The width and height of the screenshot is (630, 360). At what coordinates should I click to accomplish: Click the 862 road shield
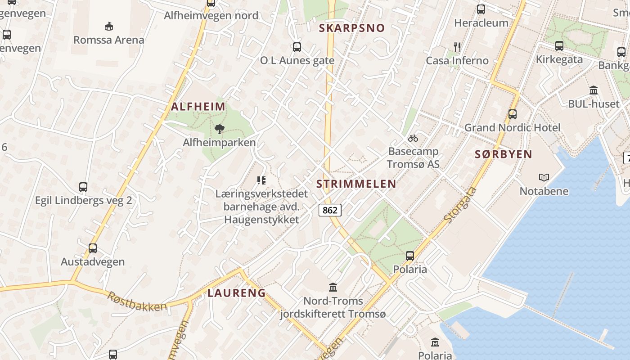coord(330,210)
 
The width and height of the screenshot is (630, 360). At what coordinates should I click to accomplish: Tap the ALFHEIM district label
coord(198,107)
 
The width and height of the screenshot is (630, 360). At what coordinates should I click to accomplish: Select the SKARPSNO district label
coord(352,28)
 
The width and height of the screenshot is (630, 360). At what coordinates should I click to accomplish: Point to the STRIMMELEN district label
coord(356,184)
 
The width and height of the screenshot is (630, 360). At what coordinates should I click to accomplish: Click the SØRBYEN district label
coord(504,154)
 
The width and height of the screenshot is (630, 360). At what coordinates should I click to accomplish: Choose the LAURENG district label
coord(236,293)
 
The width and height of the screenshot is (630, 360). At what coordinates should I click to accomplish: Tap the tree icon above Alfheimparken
coord(220,130)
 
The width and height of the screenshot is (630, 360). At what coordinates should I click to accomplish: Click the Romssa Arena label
coord(109,40)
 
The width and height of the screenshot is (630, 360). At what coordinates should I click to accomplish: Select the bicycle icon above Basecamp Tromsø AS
coord(413,138)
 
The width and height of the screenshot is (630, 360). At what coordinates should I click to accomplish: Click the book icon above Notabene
coord(544,178)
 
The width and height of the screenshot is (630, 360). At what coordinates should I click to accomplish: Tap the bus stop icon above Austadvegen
coord(93,248)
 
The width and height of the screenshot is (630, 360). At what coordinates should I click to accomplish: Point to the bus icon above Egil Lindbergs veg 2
coord(83,187)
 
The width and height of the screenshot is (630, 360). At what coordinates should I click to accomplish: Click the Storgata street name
coord(460,205)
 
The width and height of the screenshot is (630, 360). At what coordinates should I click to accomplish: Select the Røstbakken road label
coord(137,301)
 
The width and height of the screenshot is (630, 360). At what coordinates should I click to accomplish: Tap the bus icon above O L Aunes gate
coord(297,47)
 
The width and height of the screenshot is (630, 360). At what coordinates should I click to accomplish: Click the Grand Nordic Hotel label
coord(512,127)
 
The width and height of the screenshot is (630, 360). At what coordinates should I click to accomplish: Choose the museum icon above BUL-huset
coord(593,90)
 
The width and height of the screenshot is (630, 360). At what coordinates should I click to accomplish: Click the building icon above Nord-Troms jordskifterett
coord(333,287)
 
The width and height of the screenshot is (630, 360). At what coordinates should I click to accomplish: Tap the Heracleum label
coord(481,22)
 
